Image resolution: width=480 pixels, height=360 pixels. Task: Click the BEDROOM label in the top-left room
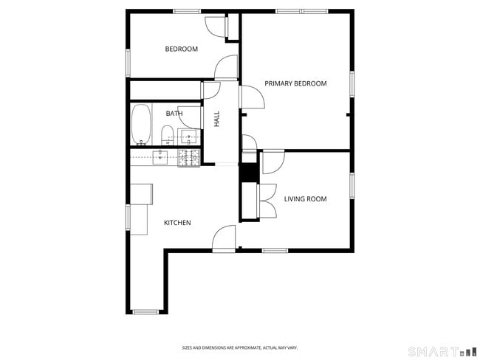click(181, 49)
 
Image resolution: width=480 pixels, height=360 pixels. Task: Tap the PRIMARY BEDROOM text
click(295, 84)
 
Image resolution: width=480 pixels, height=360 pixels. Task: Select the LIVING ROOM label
click(306, 199)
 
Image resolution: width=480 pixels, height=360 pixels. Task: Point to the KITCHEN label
click(177, 223)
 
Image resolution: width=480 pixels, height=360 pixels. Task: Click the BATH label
click(174, 114)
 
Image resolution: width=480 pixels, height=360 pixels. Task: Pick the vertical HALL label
click(217, 119)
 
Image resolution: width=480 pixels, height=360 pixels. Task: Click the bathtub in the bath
click(141, 125)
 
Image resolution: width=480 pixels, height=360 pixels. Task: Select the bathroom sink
click(191, 136)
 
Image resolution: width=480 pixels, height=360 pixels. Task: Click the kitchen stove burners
click(188, 156)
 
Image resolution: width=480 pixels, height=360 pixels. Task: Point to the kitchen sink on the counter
click(160, 156)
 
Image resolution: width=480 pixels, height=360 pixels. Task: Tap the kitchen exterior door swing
click(224, 238)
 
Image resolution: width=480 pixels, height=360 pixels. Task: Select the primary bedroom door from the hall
click(252, 96)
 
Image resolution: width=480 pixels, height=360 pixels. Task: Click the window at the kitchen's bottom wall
click(145, 312)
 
